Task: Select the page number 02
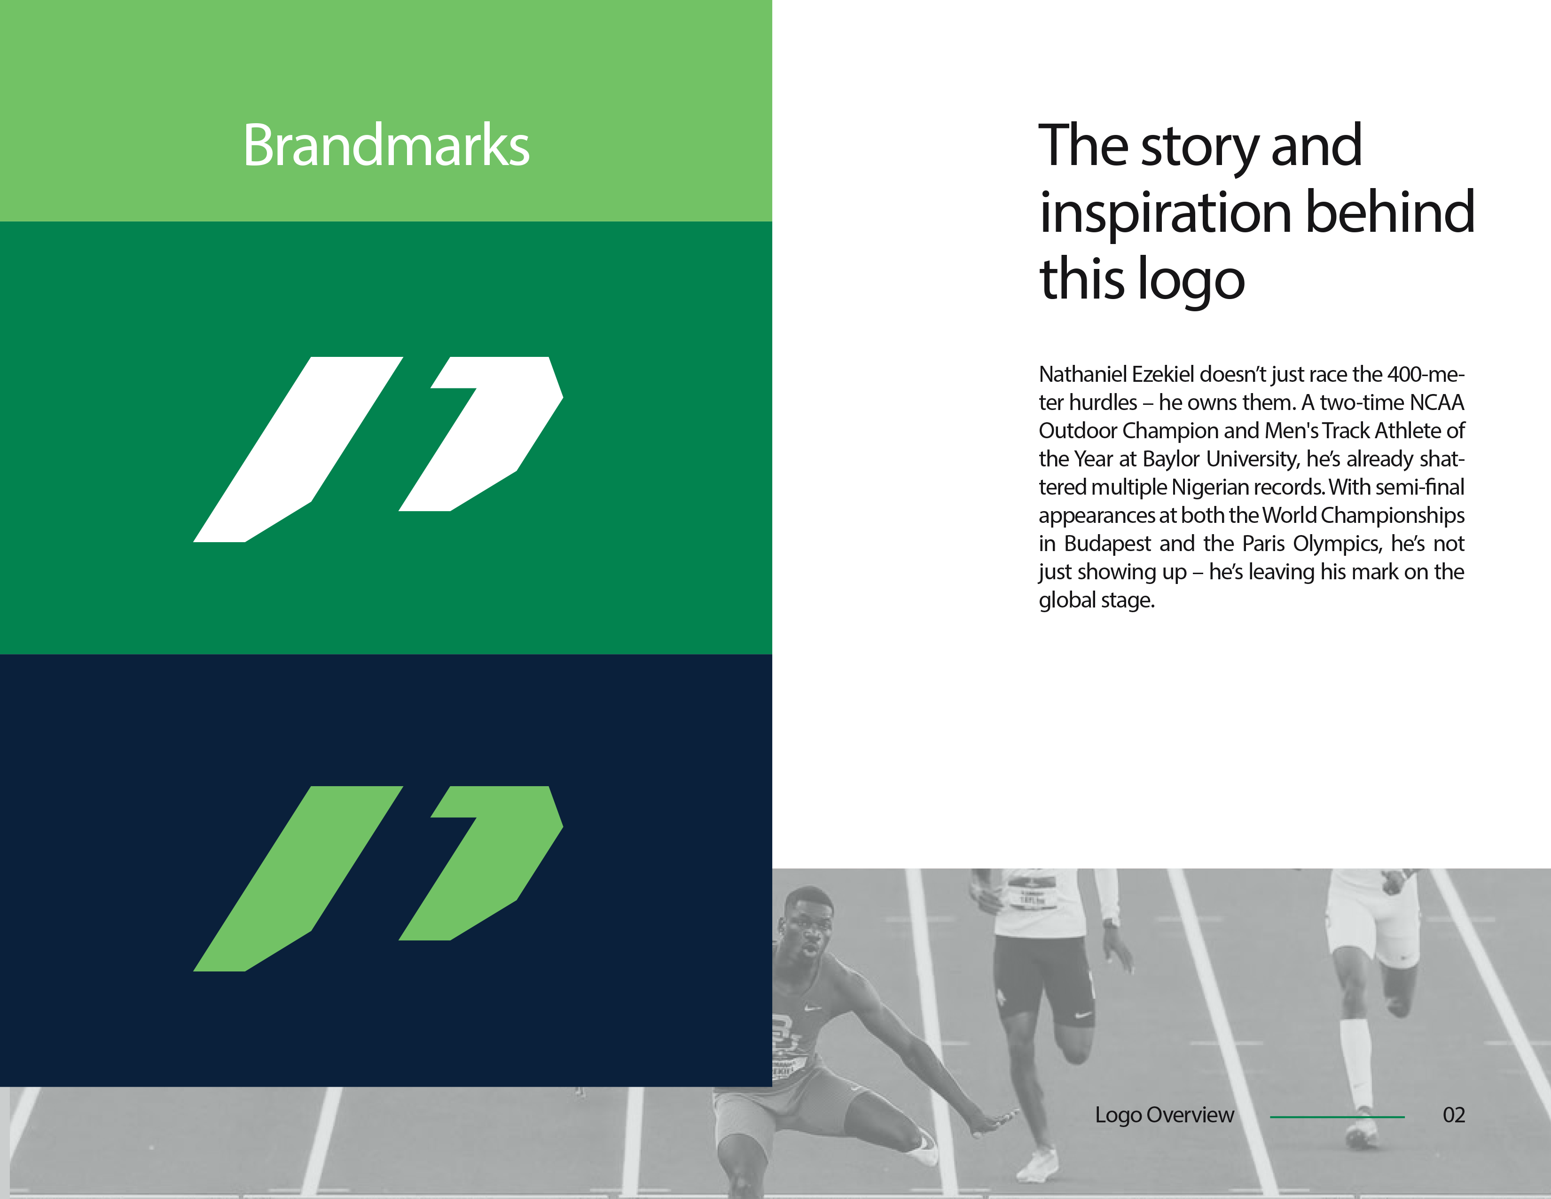[x=1453, y=1115]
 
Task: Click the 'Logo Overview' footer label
[x=1164, y=1115]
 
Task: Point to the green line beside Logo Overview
[x=1337, y=1117]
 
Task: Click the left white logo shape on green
[x=298, y=449]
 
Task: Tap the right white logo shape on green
[x=490, y=434]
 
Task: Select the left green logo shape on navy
[x=298, y=879]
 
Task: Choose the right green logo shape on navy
[x=490, y=863]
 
